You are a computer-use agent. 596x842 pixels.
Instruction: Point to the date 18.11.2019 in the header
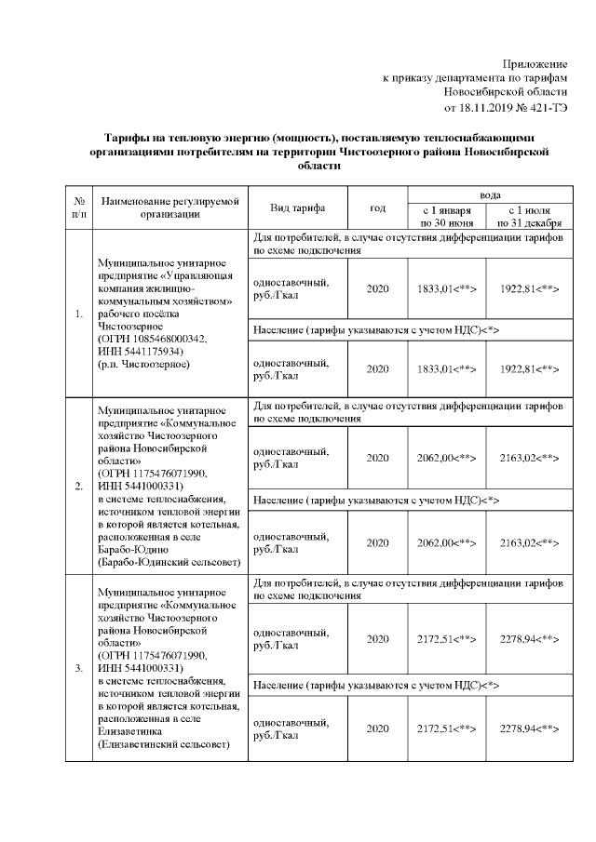498,108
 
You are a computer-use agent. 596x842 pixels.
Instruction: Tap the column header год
377,207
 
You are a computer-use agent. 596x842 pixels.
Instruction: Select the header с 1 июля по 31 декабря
529,217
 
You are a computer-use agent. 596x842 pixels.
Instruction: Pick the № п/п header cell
79,207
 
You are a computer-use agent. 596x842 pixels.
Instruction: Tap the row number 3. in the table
79,667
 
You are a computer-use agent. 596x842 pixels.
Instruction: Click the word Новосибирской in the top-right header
507,92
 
